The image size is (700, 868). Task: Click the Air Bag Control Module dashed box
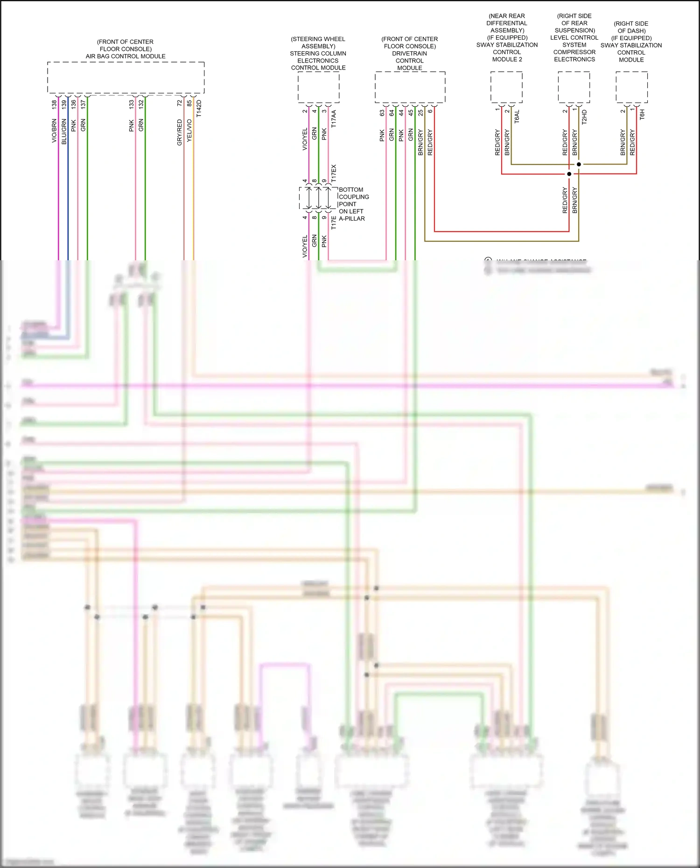coord(126,77)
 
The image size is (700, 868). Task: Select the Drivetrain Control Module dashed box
coord(410,87)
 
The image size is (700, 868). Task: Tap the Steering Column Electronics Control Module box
coord(318,87)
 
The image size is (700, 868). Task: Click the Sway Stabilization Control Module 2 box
coord(506,87)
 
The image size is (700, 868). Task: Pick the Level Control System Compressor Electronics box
coord(574,87)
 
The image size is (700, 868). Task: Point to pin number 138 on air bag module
coord(54,104)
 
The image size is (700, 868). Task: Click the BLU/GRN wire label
coord(64,132)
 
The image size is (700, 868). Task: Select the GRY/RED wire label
coord(180,132)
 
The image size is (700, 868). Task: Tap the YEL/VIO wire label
coord(189,131)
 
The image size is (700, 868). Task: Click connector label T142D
coord(199,108)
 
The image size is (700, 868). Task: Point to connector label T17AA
coord(334,119)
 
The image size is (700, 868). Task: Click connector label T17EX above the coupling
coord(334,173)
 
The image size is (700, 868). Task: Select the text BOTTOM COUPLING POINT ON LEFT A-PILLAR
coord(353,204)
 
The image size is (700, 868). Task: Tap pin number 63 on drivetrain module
coord(382,113)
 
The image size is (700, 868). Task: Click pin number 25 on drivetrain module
coord(420,113)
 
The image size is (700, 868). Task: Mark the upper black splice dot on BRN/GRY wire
coord(579,164)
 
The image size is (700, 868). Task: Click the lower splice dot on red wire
coord(569,174)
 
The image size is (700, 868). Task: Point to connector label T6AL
coord(517,117)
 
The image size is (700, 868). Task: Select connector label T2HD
coord(584,117)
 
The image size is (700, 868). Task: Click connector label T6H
coord(642,115)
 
